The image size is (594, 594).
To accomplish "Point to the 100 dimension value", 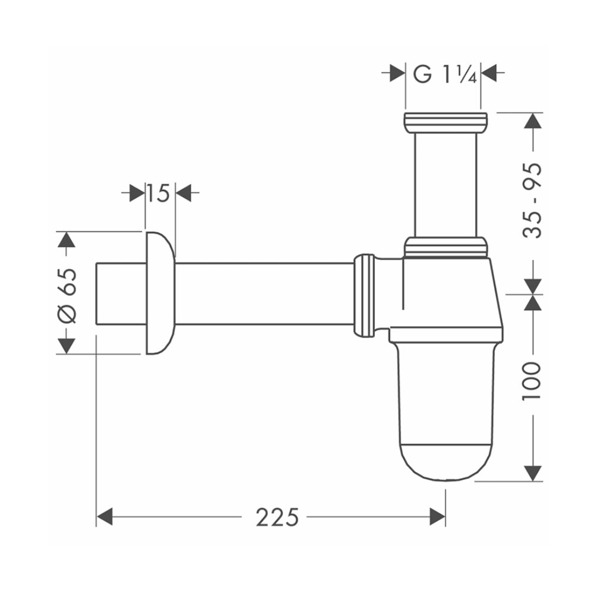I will [x=533, y=380].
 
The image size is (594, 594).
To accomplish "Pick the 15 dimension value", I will [x=159, y=192].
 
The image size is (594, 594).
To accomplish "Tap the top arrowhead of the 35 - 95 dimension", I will [x=533, y=121].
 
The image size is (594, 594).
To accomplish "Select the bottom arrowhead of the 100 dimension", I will [x=533, y=472].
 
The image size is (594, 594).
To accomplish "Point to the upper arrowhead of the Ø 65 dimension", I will [x=67, y=241].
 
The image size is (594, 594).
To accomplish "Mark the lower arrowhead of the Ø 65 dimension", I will [x=67, y=344].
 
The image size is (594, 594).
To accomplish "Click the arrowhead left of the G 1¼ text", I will [x=397, y=74].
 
